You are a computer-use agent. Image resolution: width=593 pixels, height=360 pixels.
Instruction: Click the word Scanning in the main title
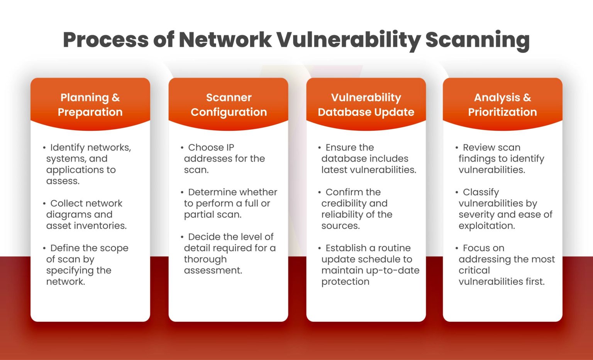(x=477, y=40)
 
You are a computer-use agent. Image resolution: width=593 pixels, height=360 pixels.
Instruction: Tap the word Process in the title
(x=105, y=40)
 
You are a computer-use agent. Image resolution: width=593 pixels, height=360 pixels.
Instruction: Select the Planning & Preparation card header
(x=90, y=105)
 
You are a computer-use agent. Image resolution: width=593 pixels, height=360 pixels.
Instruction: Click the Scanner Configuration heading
(x=229, y=105)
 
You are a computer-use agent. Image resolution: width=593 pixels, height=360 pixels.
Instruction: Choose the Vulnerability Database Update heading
(x=366, y=105)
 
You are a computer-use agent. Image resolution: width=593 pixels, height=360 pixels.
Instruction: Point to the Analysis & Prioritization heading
(x=502, y=105)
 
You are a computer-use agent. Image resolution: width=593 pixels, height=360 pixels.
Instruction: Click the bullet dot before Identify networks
(x=44, y=148)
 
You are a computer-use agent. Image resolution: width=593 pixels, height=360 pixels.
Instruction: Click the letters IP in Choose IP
(x=230, y=147)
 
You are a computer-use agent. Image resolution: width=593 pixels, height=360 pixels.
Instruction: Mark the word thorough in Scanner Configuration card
(x=205, y=259)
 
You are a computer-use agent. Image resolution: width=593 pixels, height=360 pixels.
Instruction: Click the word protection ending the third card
(x=345, y=282)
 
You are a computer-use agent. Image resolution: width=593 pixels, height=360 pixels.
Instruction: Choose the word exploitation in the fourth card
(x=486, y=226)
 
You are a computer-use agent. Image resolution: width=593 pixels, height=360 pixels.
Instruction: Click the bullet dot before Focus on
(x=457, y=248)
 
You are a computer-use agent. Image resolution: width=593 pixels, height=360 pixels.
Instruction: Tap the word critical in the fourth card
(x=474, y=270)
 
